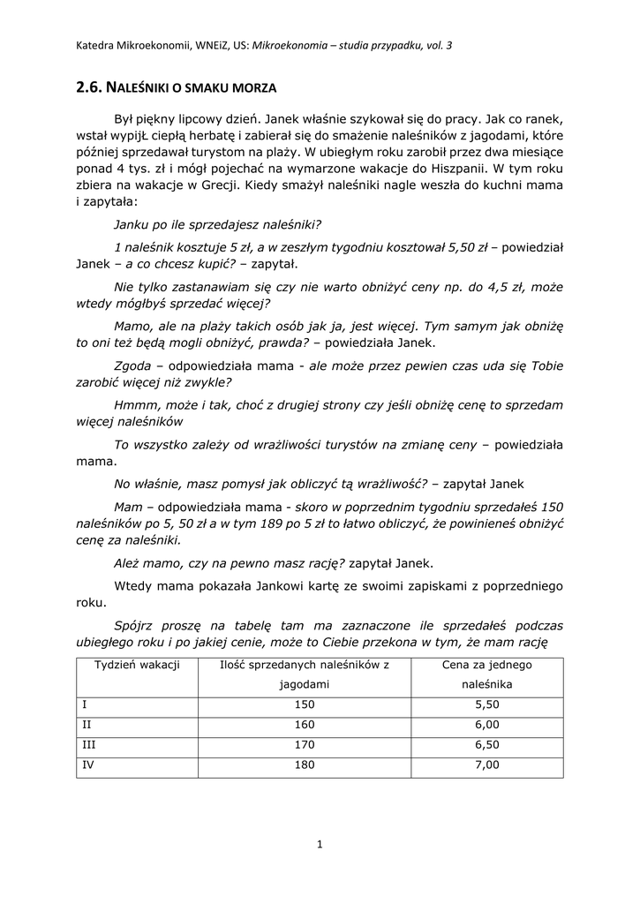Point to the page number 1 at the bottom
(320, 845)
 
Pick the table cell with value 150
(304, 704)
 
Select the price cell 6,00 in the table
(486, 725)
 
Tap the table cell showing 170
(304, 745)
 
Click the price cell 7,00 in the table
(486, 765)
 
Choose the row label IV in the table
(87, 765)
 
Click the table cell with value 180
(304, 765)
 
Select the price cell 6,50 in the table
(486, 745)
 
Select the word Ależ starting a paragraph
(131, 563)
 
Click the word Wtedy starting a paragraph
(134, 585)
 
